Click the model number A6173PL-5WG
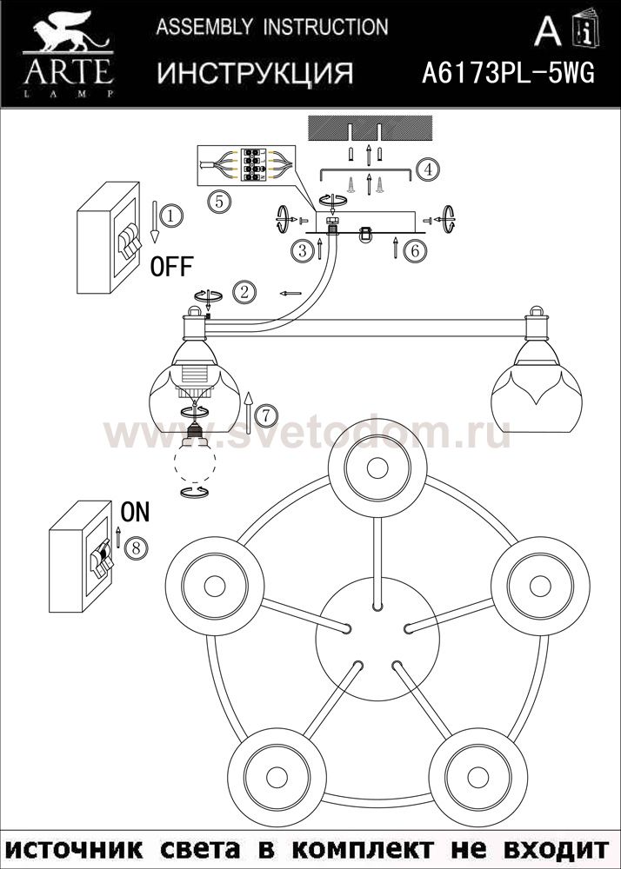click(x=508, y=74)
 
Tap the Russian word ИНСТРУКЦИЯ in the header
click(x=255, y=74)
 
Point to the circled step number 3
click(x=302, y=251)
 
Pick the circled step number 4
click(x=424, y=169)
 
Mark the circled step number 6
click(x=415, y=250)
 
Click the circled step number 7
click(x=267, y=413)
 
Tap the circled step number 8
click(x=134, y=547)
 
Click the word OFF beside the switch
click(x=171, y=267)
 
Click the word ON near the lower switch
click(x=135, y=513)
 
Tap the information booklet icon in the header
click(x=585, y=32)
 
